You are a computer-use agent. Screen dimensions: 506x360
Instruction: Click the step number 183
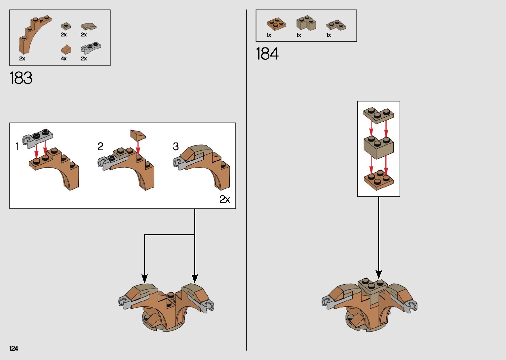[21, 78]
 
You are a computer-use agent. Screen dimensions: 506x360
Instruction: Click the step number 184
[267, 54]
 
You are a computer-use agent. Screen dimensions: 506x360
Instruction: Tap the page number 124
[14, 348]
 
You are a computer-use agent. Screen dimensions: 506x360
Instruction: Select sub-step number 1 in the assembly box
[17, 146]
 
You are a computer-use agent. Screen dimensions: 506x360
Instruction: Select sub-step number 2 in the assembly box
[100, 146]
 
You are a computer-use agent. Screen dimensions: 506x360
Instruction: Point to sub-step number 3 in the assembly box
[176, 146]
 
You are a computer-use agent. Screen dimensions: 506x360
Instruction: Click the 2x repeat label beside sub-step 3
[225, 199]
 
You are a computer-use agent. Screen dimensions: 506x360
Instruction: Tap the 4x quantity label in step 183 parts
[64, 59]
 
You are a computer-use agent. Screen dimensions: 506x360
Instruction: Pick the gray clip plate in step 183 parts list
[91, 48]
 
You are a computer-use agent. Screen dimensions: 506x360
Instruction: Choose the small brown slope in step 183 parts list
[66, 49]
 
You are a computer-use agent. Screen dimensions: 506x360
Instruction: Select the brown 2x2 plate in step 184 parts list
[276, 24]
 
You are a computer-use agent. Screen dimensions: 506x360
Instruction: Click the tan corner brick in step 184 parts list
[306, 23]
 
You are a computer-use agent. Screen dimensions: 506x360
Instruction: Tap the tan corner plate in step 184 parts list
[336, 25]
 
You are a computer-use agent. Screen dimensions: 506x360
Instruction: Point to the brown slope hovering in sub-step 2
[138, 135]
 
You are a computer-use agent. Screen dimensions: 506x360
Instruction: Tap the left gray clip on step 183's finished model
[123, 301]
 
